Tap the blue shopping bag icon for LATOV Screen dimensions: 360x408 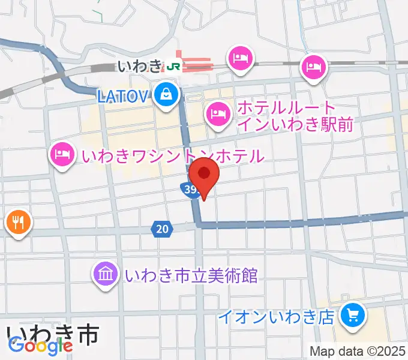(x=164, y=94)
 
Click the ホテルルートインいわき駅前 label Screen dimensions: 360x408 (x=294, y=116)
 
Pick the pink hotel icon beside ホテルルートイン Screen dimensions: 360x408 (x=217, y=112)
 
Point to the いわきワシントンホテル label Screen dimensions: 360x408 (x=173, y=156)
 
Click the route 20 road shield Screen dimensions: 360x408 (x=162, y=228)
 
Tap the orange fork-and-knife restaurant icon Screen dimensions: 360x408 (x=18, y=223)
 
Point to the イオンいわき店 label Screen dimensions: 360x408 (x=275, y=316)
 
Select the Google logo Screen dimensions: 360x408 (x=40, y=346)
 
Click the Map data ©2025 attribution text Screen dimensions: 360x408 (x=358, y=351)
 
